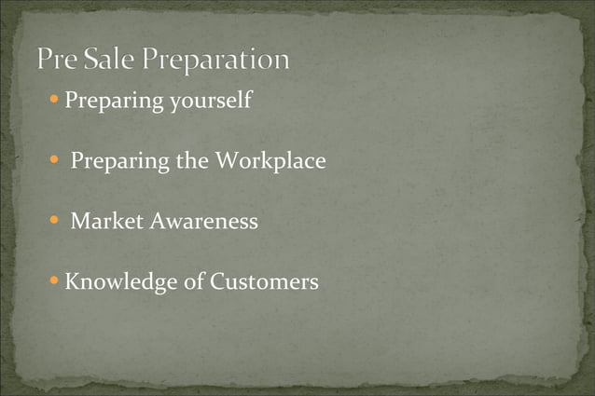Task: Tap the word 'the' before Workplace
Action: [x=192, y=160]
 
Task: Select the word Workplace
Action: [x=270, y=161]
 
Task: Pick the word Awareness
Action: [x=201, y=222]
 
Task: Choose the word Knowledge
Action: [x=119, y=281]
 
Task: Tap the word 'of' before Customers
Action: [x=192, y=280]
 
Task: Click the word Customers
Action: [x=264, y=280]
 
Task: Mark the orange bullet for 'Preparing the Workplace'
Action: [x=56, y=160]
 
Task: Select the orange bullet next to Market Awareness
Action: [x=56, y=221]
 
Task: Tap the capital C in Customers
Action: [x=216, y=280]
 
